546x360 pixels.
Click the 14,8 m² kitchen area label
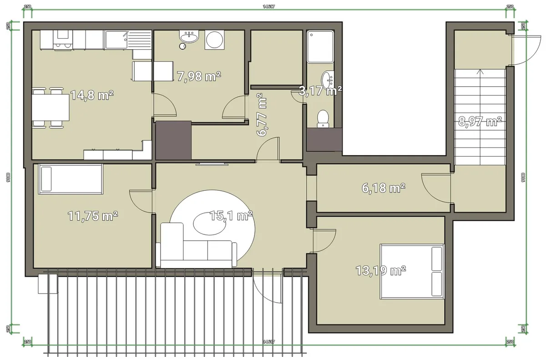(x=92, y=96)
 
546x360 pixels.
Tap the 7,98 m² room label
(x=199, y=76)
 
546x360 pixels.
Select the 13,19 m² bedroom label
(x=381, y=271)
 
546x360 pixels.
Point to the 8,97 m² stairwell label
(x=480, y=121)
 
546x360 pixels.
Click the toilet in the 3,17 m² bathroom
(x=323, y=117)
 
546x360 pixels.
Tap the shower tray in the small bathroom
(x=320, y=47)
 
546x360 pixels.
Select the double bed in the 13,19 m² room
(x=412, y=272)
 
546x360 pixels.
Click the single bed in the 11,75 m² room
(x=71, y=178)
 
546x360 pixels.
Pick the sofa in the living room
(x=197, y=248)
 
